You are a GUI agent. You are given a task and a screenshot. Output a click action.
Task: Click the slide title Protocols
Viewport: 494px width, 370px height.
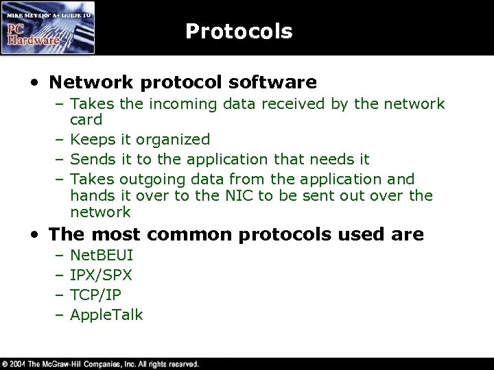pos(239,32)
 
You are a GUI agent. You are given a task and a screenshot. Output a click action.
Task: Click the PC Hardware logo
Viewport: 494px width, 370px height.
pos(48,27)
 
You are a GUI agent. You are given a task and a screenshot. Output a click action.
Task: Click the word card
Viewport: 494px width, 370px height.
pos(86,120)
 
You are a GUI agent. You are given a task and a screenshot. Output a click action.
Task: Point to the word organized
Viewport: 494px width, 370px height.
pos(173,140)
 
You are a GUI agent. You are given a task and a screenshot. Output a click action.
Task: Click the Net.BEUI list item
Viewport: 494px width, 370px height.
pos(102,256)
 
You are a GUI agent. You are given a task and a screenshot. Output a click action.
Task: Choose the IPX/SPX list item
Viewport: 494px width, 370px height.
pos(102,275)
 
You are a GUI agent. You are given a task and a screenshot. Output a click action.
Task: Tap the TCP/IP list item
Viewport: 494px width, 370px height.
pos(96,295)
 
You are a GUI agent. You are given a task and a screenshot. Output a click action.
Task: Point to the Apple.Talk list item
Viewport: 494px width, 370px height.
pos(106,315)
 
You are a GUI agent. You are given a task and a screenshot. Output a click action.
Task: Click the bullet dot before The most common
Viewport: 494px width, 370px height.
pos(34,235)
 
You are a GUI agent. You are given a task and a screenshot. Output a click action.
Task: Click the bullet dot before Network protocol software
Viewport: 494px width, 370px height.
pos(34,84)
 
